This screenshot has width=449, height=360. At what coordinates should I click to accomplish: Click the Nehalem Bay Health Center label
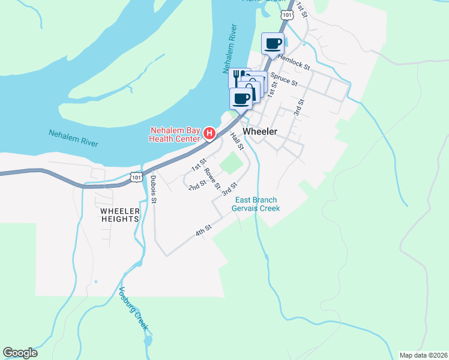coord(175,135)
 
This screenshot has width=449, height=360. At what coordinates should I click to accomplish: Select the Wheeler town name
coord(259,131)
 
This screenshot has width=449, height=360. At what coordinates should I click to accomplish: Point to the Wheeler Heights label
coord(119,215)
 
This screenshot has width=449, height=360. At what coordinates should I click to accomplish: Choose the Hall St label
coord(237,142)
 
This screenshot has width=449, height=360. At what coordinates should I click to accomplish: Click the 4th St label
coord(203,231)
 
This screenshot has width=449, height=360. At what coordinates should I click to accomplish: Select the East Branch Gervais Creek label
coord(257,204)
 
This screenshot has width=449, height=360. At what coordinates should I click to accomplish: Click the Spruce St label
coord(283,79)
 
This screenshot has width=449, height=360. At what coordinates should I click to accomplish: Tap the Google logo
coord(20,353)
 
